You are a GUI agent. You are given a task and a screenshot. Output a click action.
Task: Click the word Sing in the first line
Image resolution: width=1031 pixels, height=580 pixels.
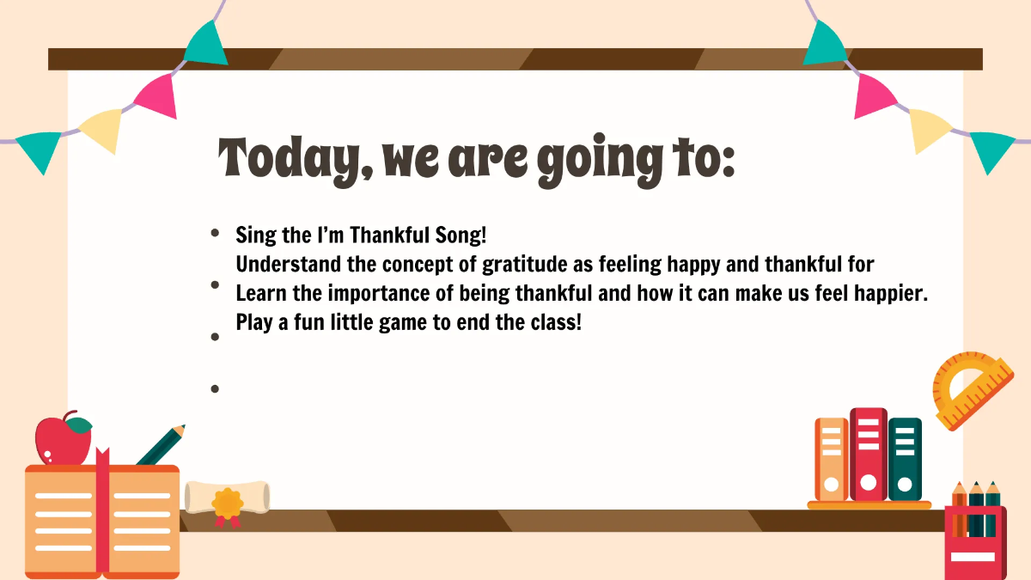pyautogui.click(x=255, y=235)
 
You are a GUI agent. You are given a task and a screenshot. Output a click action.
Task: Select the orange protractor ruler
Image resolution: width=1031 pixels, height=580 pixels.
pyautogui.click(x=973, y=389)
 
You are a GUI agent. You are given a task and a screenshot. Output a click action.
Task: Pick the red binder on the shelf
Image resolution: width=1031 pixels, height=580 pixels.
pyautogui.click(x=868, y=454)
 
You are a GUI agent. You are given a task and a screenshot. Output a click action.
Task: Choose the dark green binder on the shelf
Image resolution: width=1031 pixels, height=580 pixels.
pyautogui.click(x=905, y=459)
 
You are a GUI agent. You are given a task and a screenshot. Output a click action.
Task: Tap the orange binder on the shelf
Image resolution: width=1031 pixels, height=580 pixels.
pyautogui.click(x=831, y=459)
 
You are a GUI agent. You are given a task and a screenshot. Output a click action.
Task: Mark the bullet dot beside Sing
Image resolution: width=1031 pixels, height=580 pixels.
pyautogui.click(x=215, y=233)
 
